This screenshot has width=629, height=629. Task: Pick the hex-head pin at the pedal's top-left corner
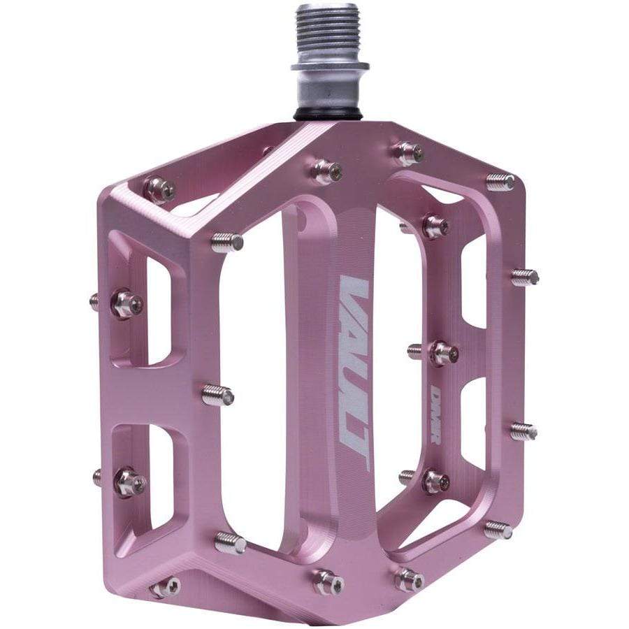[160, 188]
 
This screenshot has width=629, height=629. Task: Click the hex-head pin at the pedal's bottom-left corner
[166, 587]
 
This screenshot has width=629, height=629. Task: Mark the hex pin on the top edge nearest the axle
[328, 171]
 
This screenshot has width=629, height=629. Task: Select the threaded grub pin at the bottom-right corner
[498, 529]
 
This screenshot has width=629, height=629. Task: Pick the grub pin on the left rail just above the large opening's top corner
[227, 242]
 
